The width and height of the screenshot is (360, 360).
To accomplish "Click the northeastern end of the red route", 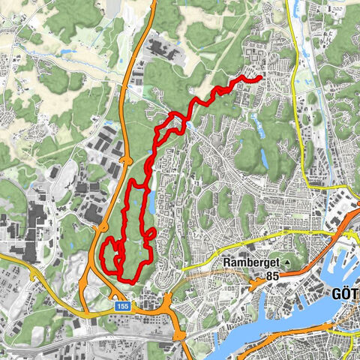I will pos(259,77).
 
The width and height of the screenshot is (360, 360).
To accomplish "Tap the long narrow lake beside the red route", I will pos(152,201).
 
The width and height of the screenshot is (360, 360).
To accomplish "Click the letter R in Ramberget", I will pos(226,263).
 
